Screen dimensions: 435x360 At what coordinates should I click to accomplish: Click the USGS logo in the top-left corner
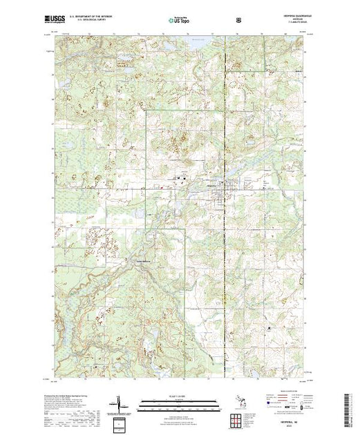coord(57,20)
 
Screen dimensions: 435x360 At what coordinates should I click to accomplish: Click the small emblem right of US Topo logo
coord(239,21)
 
